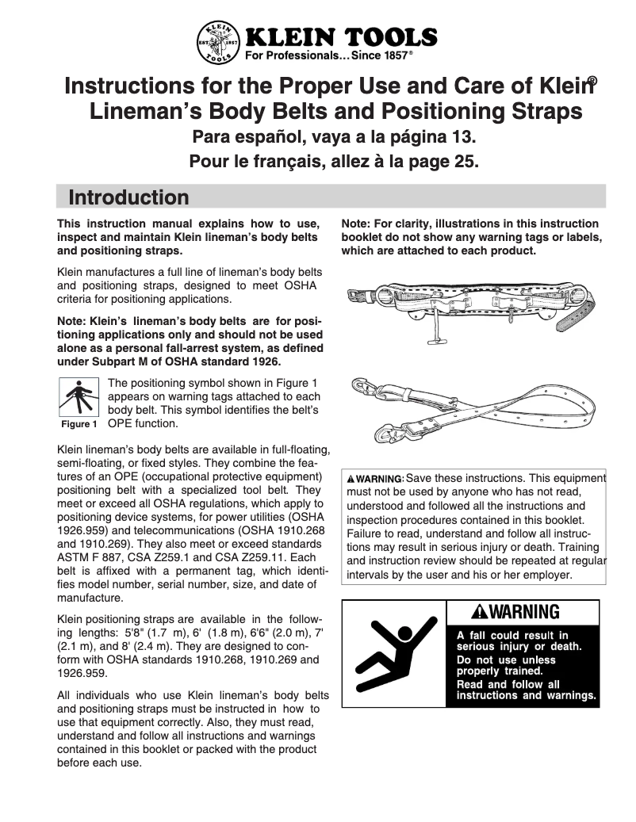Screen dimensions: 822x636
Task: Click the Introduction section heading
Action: tap(128, 197)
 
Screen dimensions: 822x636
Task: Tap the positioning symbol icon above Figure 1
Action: tap(77, 399)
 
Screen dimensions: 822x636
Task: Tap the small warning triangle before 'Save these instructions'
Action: tap(350, 479)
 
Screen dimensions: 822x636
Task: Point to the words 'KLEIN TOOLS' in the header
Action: tap(341, 36)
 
